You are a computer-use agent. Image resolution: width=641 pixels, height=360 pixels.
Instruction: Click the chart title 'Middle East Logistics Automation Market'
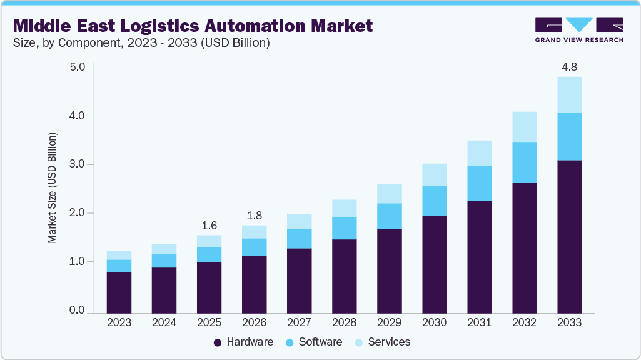click(193, 26)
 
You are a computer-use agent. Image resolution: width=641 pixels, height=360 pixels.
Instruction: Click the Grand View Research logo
click(578, 30)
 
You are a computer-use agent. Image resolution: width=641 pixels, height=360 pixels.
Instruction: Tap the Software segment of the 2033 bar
click(570, 136)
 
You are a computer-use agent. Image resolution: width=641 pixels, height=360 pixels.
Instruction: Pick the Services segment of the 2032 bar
click(525, 127)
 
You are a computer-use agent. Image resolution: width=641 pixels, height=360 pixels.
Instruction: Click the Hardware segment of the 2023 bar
click(119, 292)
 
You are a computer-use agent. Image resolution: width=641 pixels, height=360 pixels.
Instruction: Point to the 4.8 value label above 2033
click(570, 66)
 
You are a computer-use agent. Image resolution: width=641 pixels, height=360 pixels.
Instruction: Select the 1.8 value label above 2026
click(254, 215)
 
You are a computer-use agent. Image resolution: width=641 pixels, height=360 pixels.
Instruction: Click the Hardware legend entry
click(243, 342)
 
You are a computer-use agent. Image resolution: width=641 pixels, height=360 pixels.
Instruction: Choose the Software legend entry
click(314, 342)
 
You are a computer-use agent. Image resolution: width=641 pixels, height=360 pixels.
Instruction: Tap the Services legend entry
click(383, 342)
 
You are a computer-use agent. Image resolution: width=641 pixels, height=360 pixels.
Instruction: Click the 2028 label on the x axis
click(344, 322)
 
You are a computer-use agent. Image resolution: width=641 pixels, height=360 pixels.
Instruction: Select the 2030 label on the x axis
click(434, 322)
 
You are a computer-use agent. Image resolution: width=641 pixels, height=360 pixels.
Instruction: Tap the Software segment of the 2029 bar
click(389, 216)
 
